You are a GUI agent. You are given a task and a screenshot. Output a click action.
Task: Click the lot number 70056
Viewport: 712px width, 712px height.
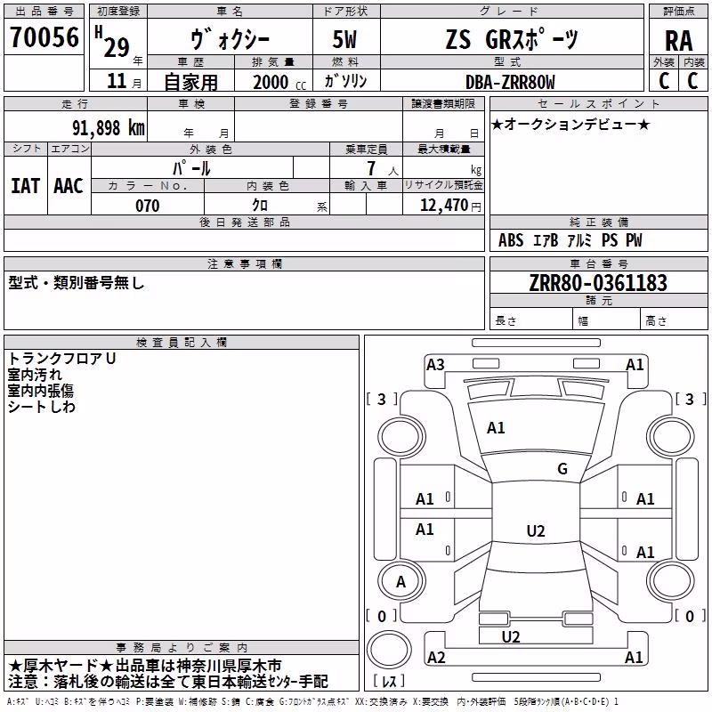coord(44,36)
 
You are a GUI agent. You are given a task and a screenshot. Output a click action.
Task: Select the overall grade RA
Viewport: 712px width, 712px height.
coord(678,41)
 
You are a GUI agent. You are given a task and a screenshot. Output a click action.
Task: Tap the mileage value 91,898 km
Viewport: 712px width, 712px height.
coord(109,128)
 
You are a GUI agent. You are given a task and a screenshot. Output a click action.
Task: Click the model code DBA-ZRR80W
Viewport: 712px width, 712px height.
coord(510,82)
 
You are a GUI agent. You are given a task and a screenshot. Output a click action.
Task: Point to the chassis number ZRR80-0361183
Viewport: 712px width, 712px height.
coord(598,283)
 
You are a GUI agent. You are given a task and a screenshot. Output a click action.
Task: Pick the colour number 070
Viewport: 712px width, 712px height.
coord(148,206)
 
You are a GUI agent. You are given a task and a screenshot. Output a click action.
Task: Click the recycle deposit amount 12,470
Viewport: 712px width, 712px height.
coord(443,206)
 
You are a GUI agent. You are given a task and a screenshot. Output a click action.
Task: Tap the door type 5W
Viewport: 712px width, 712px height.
coord(344,39)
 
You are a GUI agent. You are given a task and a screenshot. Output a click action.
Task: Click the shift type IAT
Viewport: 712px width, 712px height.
coord(26,186)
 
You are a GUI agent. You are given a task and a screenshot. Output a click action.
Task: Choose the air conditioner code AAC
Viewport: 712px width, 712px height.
coord(69,186)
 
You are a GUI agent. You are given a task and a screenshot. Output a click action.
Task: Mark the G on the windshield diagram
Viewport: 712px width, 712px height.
coord(562,469)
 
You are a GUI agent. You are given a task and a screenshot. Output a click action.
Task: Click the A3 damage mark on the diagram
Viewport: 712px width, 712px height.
coord(435,365)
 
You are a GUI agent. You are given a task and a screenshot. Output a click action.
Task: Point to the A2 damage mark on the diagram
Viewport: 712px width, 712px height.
coord(436,657)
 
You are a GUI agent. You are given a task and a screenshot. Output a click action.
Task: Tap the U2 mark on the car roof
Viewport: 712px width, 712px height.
coord(536,530)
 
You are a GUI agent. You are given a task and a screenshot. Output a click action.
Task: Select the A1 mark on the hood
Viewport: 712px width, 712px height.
coord(496,428)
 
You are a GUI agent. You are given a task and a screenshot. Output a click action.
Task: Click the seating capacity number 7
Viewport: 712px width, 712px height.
coord(371,168)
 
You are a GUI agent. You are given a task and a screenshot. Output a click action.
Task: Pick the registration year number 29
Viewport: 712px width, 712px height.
coord(117,47)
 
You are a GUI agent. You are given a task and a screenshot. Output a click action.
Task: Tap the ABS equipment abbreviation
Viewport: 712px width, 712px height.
coord(511,240)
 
